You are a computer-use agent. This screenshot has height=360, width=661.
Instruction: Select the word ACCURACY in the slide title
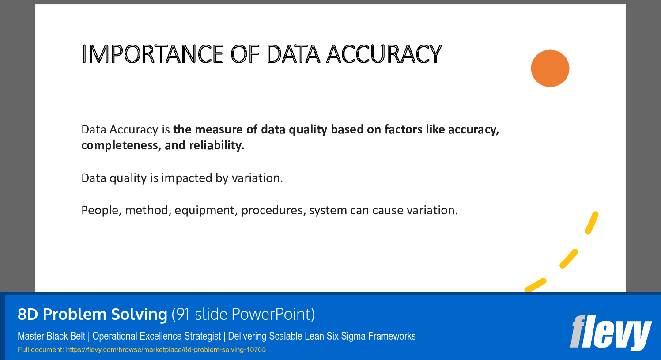click(384, 54)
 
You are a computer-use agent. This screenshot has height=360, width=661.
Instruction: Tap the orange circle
click(550, 68)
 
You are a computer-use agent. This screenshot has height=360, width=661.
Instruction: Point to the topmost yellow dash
click(592, 223)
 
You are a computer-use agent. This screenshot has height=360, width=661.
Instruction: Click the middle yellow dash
click(569, 258)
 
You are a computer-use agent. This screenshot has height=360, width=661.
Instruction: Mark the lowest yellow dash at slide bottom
click(535, 285)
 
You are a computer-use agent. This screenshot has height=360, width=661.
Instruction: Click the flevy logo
click(611, 332)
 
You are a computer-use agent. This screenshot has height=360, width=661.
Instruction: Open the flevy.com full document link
click(166, 350)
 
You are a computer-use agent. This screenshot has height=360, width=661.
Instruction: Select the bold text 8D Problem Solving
click(92, 314)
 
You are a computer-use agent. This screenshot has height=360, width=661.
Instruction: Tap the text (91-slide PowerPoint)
click(243, 314)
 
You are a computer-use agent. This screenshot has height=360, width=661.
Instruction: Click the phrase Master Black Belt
click(51, 336)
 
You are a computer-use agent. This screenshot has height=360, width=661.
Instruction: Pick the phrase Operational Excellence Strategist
click(156, 336)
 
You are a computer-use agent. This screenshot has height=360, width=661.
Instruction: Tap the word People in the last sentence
click(101, 210)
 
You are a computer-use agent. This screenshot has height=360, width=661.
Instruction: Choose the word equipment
click(206, 210)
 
